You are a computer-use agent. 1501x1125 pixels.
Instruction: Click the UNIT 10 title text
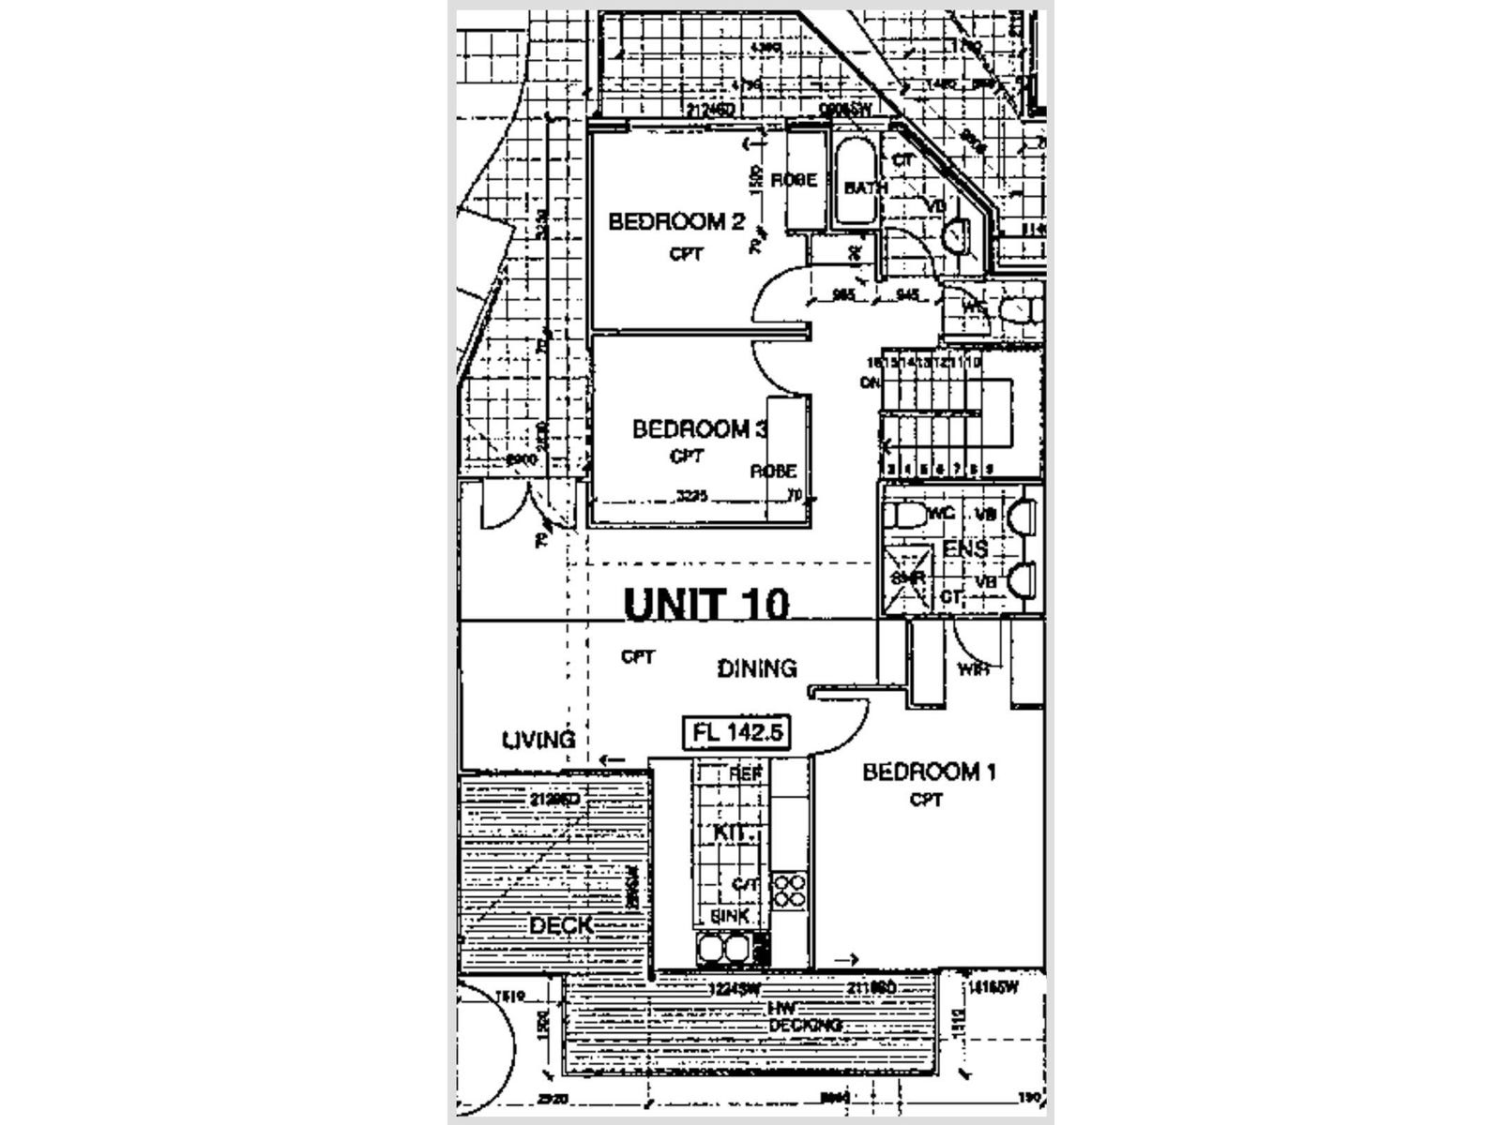[706, 604]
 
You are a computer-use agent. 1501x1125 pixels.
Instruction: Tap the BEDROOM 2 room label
[676, 222]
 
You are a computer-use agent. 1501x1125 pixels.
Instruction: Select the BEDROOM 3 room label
[700, 429]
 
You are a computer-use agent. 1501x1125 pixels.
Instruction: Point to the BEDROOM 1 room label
[929, 772]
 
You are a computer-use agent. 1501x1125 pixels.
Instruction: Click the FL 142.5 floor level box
[736, 732]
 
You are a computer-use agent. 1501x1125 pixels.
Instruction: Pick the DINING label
[757, 668]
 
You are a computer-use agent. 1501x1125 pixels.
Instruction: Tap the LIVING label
[538, 740]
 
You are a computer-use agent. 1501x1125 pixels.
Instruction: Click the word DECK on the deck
[561, 925]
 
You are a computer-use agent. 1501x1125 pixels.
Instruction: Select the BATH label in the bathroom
[865, 187]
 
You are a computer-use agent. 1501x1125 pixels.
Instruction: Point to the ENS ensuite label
[965, 548]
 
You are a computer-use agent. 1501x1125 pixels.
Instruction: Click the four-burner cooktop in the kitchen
[789, 890]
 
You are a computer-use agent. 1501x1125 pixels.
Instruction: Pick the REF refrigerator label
[747, 773]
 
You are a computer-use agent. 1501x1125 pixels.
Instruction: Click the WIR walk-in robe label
[973, 668]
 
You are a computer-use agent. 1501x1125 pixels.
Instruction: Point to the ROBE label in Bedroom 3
[773, 471]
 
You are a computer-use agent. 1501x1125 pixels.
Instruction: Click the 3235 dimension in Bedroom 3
[692, 496]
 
